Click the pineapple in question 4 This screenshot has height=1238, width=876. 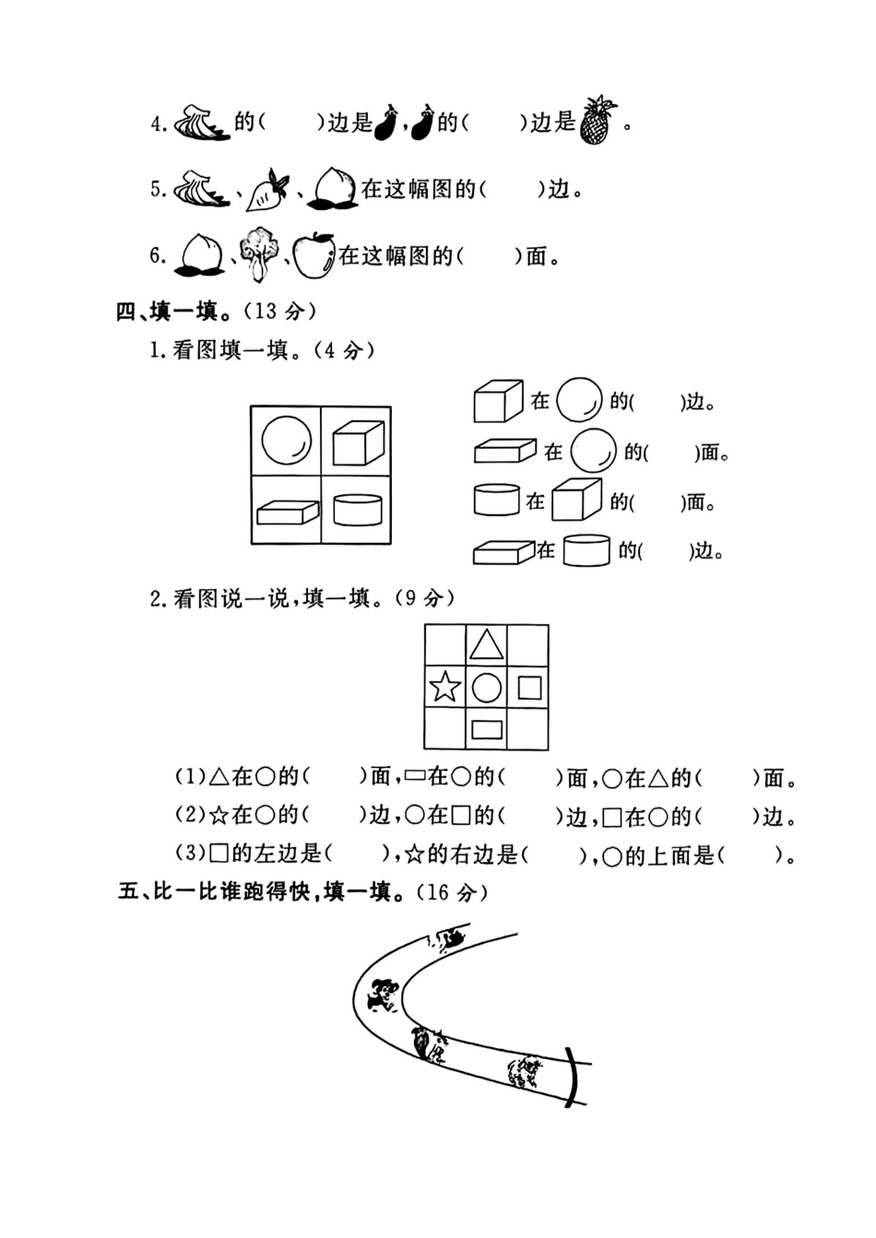tap(598, 122)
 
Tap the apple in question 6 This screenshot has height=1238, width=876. tap(314, 255)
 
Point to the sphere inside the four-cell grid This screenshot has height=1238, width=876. tap(286, 441)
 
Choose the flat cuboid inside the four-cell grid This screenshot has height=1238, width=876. tap(287, 512)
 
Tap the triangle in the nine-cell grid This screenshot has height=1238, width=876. tap(486, 644)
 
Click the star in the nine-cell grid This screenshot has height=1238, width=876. tap(445, 687)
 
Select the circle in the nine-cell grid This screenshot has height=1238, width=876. tap(486, 688)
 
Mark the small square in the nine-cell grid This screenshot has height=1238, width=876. tap(528, 688)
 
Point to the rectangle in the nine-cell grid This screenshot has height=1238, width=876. tap(486, 730)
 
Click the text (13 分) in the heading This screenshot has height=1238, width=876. tap(278, 311)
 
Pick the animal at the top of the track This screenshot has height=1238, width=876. tap(449, 939)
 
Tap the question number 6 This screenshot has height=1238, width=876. tap(158, 255)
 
